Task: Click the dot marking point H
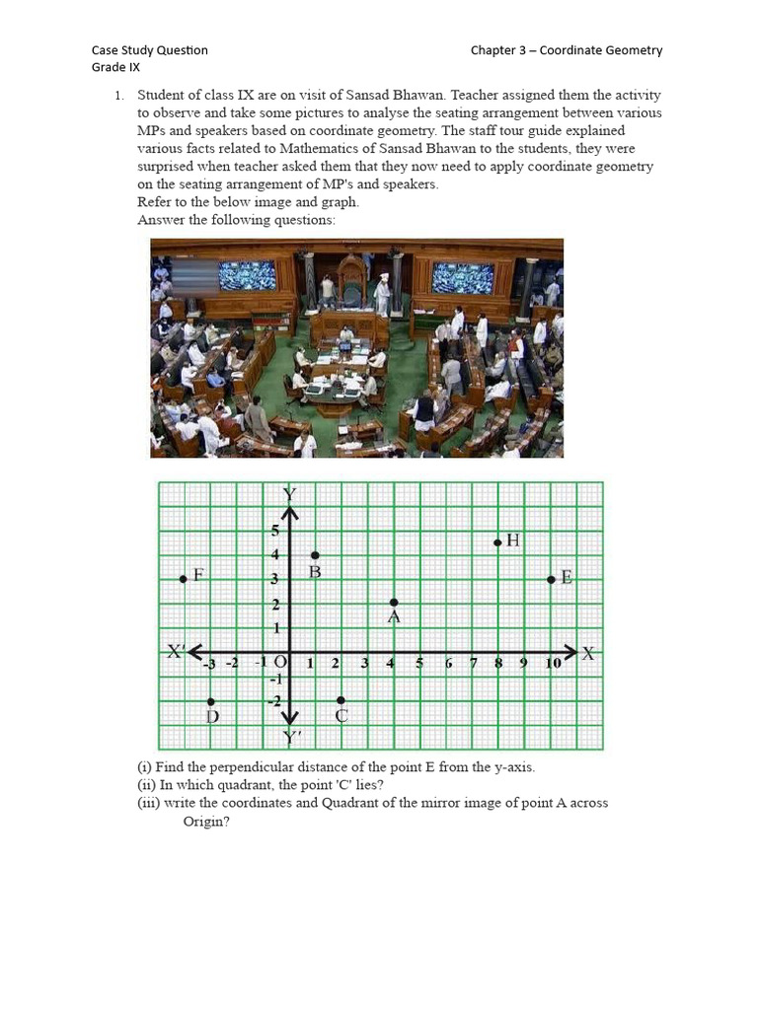(498, 541)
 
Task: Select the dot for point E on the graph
(551, 579)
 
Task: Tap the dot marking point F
(184, 579)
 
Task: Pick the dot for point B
(315, 556)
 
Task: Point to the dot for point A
(394, 602)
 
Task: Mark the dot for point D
(211, 701)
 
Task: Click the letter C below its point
(341, 717)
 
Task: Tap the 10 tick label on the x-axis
(554, 664)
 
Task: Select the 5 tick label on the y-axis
(276, 532)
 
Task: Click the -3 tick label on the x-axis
(208, 664)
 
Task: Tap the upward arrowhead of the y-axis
(290, 513)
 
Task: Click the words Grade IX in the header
(115, 67)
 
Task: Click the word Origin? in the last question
(206, 821)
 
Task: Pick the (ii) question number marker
(147, 785)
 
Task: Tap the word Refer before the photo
(155, 202)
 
